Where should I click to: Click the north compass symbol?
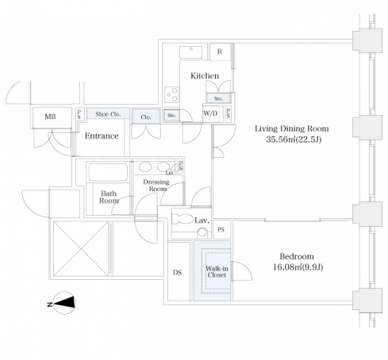pyautogui.click(x=63, y=303)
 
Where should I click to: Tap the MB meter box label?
pyautogui.click(x=50, y=117)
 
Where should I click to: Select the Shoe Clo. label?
pyautogui.click(x=108, y=114)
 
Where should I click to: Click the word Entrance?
pyautogui.click(x=102, y=136)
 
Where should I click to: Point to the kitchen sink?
pyautogui.click(x=190, y=52)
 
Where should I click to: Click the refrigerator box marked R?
pyautogui.click(x=220, y=52)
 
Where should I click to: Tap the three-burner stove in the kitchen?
pyautogui.click(x=171, y=94)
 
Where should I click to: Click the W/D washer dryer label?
pyautogui.click(x=210, y=113)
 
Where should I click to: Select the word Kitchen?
pyautogui.click(x=205, y=76)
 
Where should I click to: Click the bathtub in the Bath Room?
pyautogui.click(x=108, y=172)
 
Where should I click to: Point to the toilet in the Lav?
pyautogui.click(x=182, y=219)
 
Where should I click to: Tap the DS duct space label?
pyautogui.click(x=178, y=273)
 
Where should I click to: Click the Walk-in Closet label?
pyautogui.click(x=217, y=272)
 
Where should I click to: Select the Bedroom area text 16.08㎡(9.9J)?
pyautogui.click(x=298, y=267)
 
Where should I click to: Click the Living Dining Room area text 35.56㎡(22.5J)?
pyautogui.click(x=294, y=140)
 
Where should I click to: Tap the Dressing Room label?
pyautogui.click(x=156, y=186)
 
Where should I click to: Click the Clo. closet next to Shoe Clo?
pyautogui.click(x=146, y=117)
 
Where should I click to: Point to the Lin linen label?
pyautogui.click(x=169, y=173)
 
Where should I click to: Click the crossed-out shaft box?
pyautogui.click(x=81, y=249)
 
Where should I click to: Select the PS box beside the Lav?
pyautogui.click(x=221, y=229)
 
